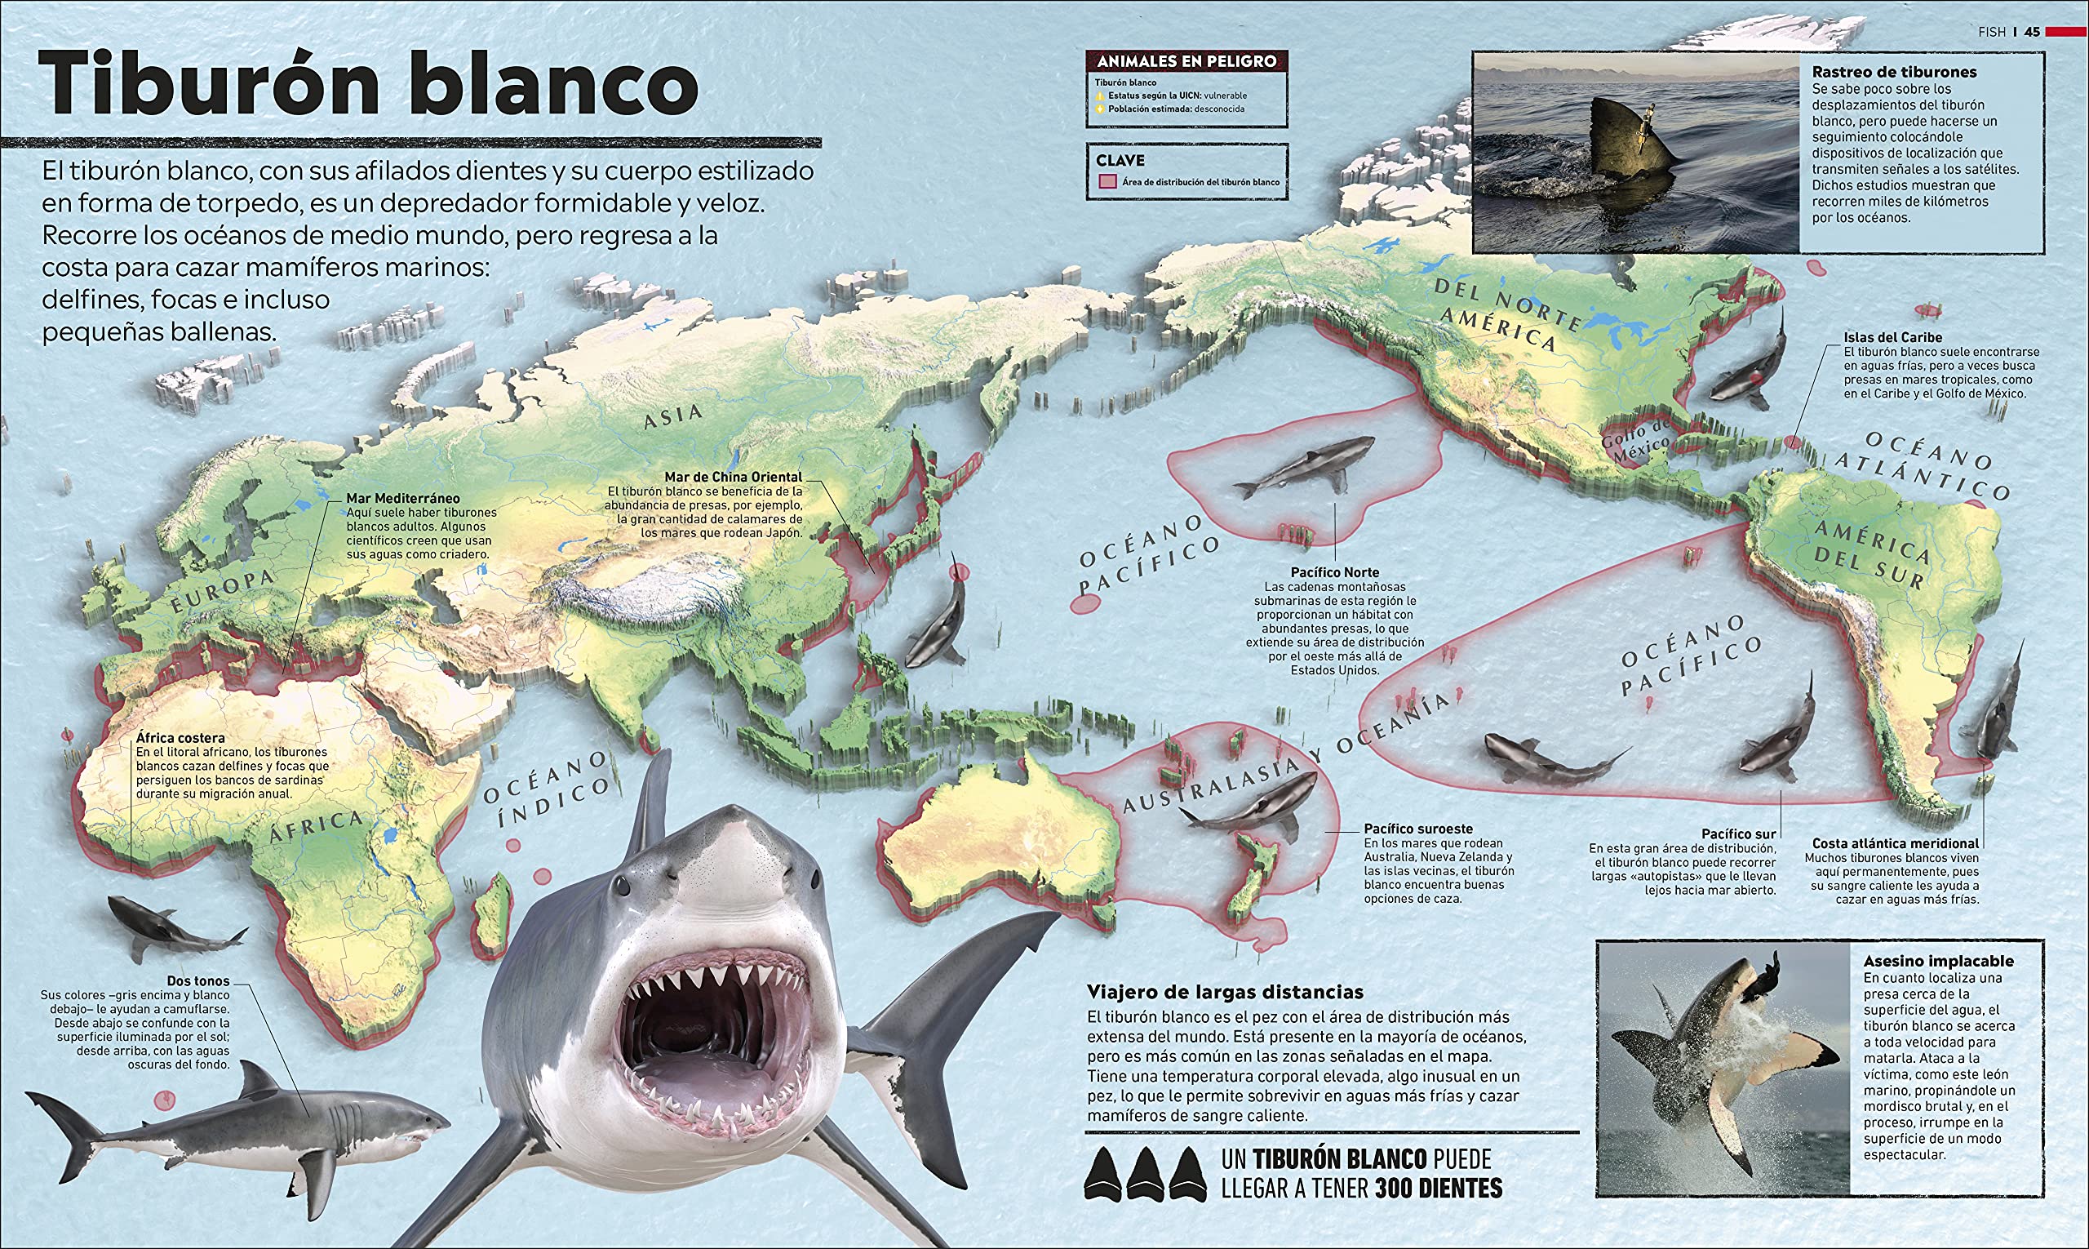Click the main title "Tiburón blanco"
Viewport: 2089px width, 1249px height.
click(369, 84)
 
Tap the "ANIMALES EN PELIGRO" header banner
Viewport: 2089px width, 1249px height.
click(1186, 61)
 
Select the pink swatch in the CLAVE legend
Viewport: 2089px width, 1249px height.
click(1107, 182)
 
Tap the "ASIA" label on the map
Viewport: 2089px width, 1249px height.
click(673, 415)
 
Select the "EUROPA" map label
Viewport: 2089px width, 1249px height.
click(223, 591)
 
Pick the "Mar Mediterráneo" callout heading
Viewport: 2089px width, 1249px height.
click(403, 498)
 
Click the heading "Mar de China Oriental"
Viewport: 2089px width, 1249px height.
click(733, 478)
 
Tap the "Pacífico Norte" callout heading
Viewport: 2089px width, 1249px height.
click(1335, 572)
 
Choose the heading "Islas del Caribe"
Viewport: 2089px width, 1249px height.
click(1893, 337)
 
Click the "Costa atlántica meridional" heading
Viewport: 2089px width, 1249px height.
click(1895, 843)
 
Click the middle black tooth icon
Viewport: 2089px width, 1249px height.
click(1144, 1173)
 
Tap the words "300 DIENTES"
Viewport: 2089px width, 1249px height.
click(1439, 1189)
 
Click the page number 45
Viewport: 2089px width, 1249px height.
click(2032, 32)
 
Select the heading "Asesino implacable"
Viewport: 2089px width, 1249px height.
click(1937, 961)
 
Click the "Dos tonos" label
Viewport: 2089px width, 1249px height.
click(197, 980)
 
